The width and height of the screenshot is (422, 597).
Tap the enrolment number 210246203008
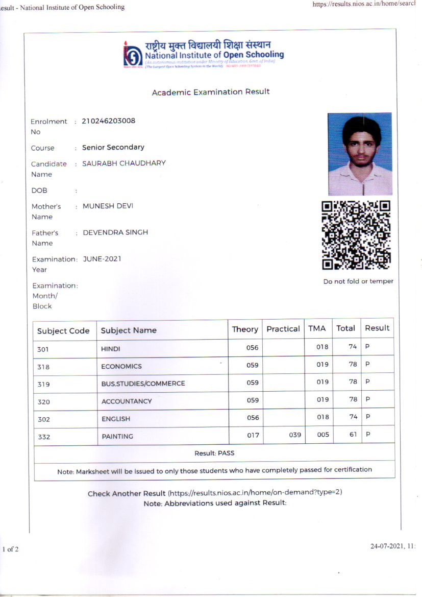108,121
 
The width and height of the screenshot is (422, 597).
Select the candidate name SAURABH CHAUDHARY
124,163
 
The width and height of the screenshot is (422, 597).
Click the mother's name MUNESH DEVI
105,206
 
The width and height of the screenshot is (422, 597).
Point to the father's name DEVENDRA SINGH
115,232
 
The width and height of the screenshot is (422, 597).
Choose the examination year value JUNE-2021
102,259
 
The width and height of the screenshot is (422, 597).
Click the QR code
356,235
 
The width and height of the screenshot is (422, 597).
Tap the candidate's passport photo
360,154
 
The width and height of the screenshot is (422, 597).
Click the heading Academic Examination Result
211,92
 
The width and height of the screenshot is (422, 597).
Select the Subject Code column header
63,331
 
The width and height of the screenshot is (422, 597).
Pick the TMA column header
317,328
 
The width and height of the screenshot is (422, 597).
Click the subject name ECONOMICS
121,366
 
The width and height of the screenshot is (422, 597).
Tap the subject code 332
44,437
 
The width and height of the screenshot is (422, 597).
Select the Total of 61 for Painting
352,435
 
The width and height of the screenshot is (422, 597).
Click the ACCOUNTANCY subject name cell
127,401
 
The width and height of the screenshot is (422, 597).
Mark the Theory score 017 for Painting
253,435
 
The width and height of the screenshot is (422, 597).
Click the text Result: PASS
214,453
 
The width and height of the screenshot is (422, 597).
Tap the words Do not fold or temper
358,281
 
